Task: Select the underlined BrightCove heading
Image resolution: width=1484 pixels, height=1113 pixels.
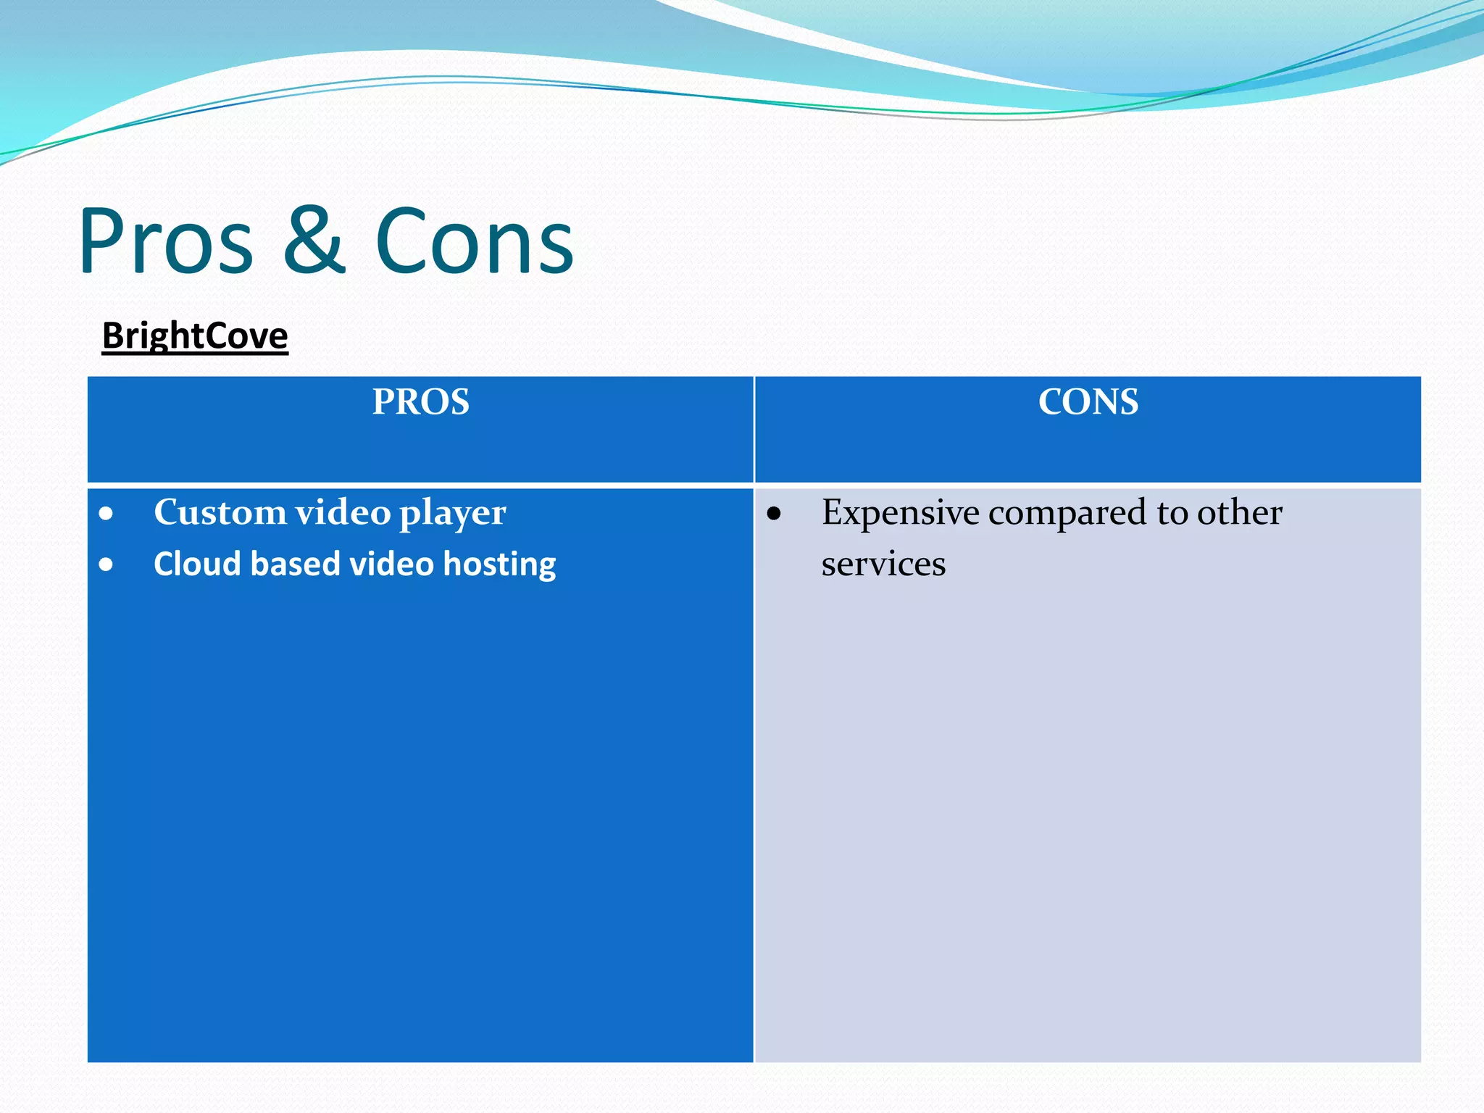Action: pyautogui.click(x=195, y=336)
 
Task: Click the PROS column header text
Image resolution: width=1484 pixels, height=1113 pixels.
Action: pyautogui.click(x=420, y=401)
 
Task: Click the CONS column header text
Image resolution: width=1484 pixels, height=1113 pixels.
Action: pyautogui.click(x=1088, y=401)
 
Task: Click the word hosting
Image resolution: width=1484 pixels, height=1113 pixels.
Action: pyautogui.click(x=499, y=565)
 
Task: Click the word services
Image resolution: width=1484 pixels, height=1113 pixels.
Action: pyautogui.click(x=883, y=564)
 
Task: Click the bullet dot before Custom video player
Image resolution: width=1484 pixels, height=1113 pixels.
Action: pyautogui.click(x=107, y=514)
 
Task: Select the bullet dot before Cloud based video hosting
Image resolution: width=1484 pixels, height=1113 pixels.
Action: pyautogui.click(x=107, y=564)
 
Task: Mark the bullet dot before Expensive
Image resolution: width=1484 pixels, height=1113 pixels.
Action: pyautogui.click(x=774, y=514)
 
